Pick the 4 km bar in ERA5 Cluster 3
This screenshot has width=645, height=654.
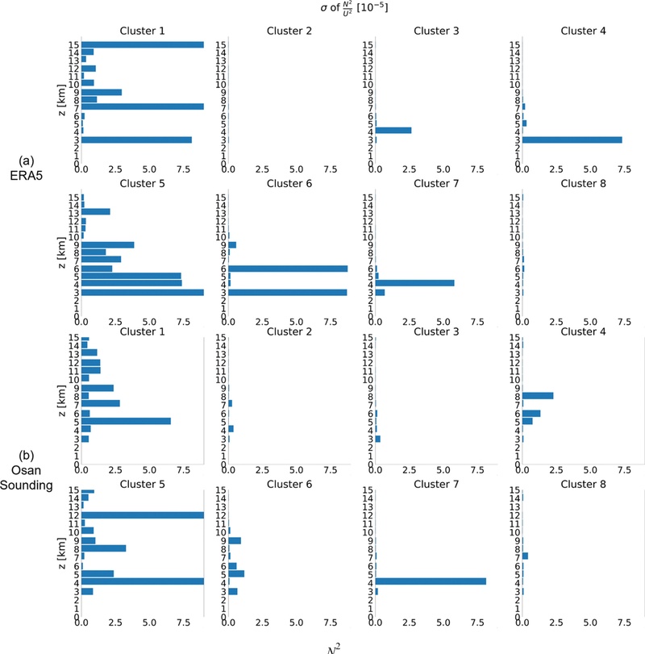[x=393, y=131]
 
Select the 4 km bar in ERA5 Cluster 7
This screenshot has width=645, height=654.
[x=414, y=283]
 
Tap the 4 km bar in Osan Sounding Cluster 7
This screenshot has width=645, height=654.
[x=431, y=581]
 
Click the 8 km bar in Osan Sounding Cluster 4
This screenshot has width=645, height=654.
[x=538, y=396]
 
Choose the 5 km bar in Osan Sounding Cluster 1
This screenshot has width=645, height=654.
[x=126, y=421]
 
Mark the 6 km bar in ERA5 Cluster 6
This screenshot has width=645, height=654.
[x=288, y=269]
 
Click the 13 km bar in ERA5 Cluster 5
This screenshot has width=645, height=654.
[x=95, y=212]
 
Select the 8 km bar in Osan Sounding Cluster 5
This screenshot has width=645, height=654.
[x=103, y=548]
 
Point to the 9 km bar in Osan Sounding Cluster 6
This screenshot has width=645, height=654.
[x=235, y=540]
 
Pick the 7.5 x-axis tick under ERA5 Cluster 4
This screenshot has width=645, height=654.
[x=624, y=170]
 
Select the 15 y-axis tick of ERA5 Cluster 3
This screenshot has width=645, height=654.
[x=368, y=45]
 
